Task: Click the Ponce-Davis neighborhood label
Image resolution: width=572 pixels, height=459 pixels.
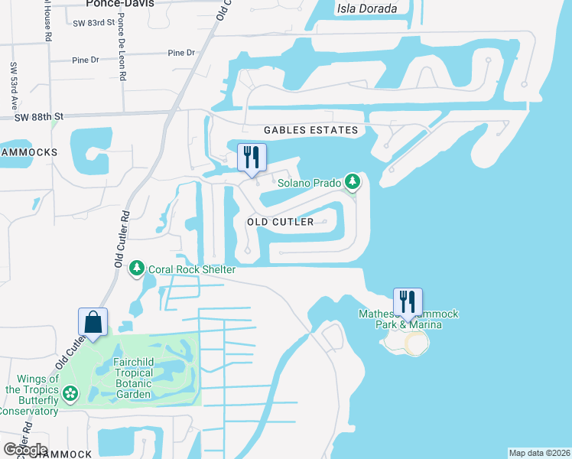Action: tap(121, 4)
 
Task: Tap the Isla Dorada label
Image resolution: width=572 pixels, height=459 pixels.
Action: tap(367, 9)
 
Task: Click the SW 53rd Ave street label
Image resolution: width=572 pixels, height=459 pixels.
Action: tap(14, 85)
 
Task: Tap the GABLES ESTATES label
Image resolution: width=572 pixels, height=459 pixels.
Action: tap(311, 131)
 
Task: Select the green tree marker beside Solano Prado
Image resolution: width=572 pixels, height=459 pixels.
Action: tap(353, 182)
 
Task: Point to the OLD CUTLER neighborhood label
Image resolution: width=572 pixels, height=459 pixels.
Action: tap(281, 222)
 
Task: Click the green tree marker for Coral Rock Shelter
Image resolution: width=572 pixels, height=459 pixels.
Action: tap(136, 269)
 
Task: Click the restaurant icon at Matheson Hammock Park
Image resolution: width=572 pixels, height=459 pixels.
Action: tap(408, 301)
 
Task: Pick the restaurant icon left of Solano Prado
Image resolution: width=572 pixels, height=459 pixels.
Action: tap(252, 158)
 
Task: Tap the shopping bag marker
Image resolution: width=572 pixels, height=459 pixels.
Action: tap(93, 321)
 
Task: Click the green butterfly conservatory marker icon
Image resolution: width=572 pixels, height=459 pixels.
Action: tap(70, 394)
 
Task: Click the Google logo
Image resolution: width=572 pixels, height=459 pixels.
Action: tap(25, 450)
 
